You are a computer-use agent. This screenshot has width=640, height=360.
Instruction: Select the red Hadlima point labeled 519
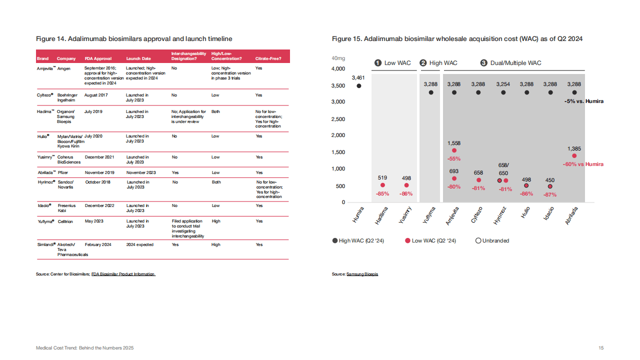click(382, 185)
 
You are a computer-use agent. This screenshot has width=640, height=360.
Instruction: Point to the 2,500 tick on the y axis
click(338, 119)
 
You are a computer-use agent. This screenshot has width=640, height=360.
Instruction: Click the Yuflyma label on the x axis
click(429, 215)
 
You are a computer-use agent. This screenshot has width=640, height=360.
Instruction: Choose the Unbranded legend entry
click(492, 240)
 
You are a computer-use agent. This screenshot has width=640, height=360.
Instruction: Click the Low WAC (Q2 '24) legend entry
click(430, 240)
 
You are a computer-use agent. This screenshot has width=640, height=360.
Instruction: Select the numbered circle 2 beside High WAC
click(423, 63)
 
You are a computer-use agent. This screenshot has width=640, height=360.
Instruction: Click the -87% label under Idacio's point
click(550, 194)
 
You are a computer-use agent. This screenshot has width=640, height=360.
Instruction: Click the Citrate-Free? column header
click(268, 58)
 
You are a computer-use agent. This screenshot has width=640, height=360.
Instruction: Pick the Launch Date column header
click(138, 58)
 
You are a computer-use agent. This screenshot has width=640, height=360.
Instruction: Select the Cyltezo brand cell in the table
click(45, 95)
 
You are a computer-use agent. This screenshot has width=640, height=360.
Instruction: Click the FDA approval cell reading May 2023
click(94, 221)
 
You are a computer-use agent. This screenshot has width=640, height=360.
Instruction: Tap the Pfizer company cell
click(63, 172)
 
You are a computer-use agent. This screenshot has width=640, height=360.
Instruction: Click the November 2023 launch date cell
click(141, 172)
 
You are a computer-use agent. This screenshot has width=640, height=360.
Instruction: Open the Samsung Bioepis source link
click(362, 274)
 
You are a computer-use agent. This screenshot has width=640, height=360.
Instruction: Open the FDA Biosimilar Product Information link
click(123, 274)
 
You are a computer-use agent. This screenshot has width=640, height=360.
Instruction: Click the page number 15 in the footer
click(601, 347)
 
